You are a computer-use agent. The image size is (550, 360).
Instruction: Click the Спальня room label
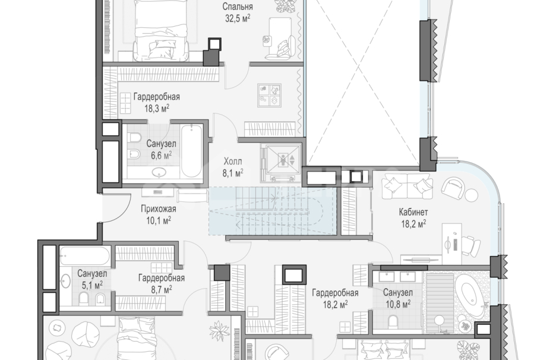point(238,7)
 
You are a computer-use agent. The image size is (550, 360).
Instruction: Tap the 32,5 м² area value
point(238,18)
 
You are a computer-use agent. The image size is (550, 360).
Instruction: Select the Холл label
point(233,162)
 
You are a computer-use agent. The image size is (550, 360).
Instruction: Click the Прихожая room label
point(159,209)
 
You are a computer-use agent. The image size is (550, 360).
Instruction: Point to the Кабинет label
point(413,212)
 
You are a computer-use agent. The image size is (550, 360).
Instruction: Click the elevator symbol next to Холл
point(283,160)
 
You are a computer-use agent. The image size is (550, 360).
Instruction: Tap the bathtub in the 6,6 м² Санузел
point(191,151)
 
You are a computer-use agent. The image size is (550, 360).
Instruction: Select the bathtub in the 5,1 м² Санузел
point(84,256)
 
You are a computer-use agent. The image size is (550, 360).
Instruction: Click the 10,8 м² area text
point(398,304)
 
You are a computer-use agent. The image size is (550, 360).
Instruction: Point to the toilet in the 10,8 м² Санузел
point(393,321)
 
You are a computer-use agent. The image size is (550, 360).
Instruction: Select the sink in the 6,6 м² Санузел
point(160,172)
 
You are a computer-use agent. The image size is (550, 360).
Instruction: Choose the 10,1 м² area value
point(159,220)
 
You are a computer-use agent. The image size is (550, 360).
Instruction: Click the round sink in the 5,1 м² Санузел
point(65,281)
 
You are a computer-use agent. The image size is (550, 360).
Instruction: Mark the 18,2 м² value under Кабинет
point(413,223)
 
